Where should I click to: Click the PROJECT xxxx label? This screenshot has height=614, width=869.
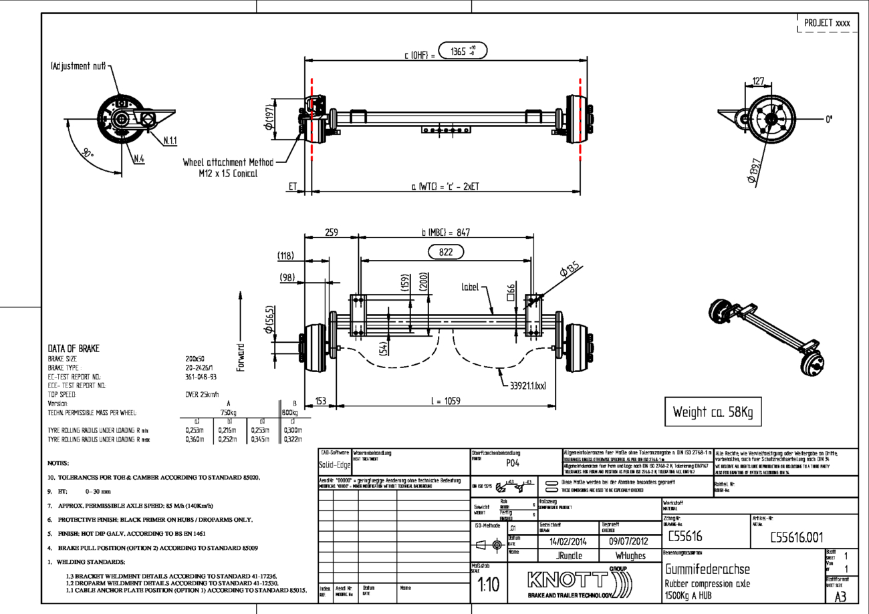[827, 23]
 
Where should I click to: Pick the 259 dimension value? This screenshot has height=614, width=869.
[332, 233]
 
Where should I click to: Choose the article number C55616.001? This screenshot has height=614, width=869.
[795, 537]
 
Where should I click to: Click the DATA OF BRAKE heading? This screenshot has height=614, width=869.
[74, 349]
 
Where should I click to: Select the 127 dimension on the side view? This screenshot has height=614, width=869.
[758, 82]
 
